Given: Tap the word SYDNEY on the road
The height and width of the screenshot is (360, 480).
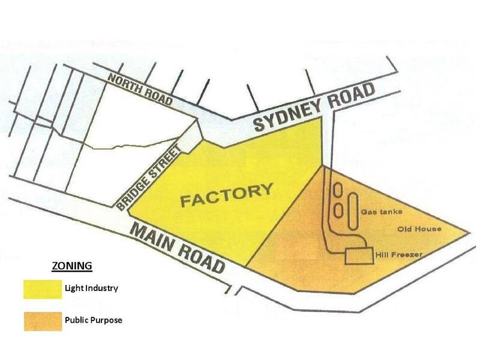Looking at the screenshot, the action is [287, 118].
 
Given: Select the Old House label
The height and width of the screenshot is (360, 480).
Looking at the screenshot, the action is [419, 229].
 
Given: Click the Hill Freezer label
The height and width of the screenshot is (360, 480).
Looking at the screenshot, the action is [400, 255].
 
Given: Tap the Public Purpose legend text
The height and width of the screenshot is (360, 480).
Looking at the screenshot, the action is [93, 320].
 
